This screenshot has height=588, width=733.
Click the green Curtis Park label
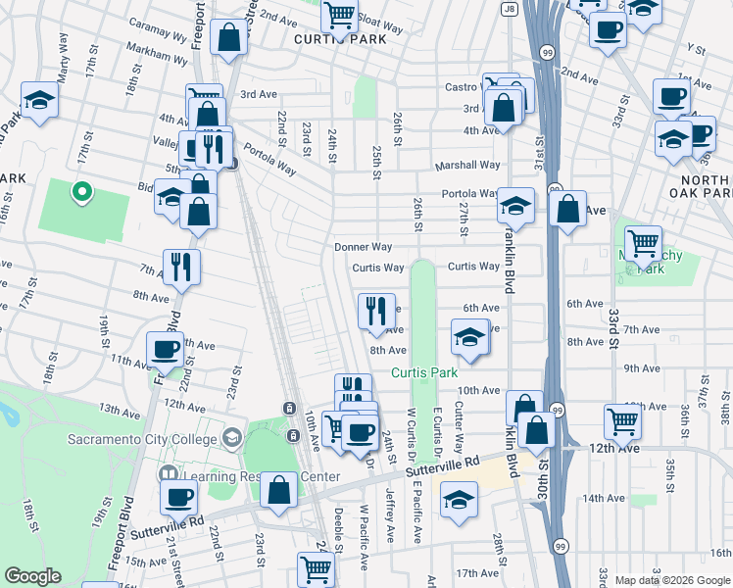pyautogui.click(x=424, y=373)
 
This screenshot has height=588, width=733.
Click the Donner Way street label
pyautogui.click(x=363, y=247)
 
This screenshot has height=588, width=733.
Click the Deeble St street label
pyautogui.click(x=337, y=523)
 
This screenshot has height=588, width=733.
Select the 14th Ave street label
pyautogui.click(x=603, y=498)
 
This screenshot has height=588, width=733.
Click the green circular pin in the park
pyautogui.click(x=82, y=192)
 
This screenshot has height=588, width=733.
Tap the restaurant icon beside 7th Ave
pyautogui.click(x=180, y=267)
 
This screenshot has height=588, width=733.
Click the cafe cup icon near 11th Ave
pyautogui.click(x=164, y=349)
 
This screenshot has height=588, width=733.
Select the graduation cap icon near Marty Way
pyautogui.click(x=39, y=100)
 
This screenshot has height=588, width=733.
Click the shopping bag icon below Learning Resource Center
pyautogui.click(x=279, y=492)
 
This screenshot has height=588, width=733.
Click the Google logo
pyautogui.click(x=33, y=576)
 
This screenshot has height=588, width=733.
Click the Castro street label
pyautogui.click(x=461, y=87)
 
